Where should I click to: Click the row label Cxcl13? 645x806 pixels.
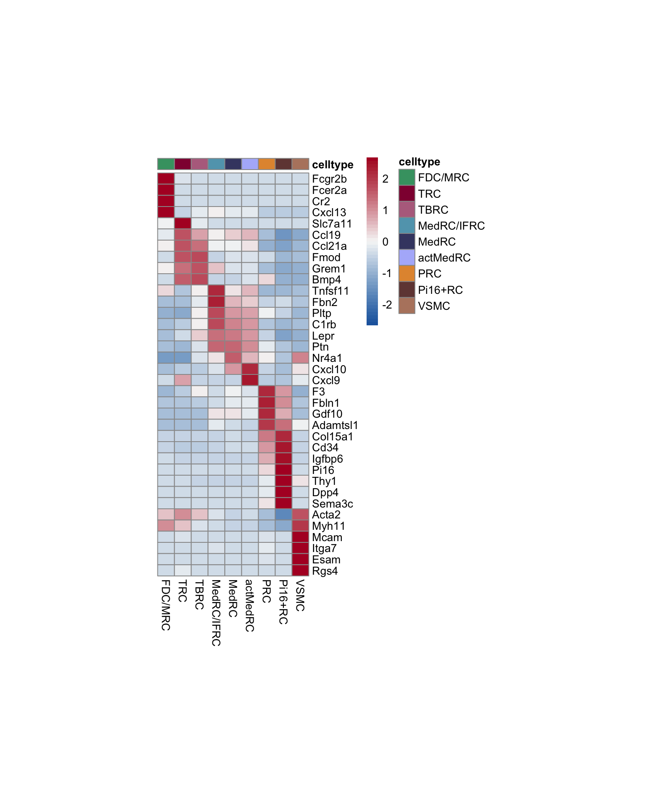(x=329, y=212)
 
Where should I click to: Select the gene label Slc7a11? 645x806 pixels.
(x=332, y=224)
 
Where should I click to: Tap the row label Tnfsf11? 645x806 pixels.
(x=330, y=291)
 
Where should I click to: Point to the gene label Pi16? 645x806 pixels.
(x=323, y=470)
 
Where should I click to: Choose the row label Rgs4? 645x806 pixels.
(x=325, y=571)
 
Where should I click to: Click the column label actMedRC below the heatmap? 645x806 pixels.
(x=249, y=605)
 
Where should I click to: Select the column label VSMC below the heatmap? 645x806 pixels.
(x=300, y=595)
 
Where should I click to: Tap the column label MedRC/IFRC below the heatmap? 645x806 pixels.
(x=216, y=612)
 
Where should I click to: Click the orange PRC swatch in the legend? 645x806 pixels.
(x=406, y=274)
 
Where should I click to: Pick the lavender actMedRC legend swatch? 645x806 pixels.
(x=406, y=258)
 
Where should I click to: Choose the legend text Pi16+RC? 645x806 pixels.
(x=440, y=290)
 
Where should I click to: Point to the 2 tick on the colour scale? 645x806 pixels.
(x=385, y=179)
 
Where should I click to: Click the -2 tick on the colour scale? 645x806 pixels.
(x=387, y=305)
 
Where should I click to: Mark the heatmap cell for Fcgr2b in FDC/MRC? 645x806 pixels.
(x=166, y=178)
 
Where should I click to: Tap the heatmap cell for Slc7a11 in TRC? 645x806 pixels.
(x=183, y=223)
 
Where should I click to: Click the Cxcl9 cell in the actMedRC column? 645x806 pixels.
(x=250, y=380)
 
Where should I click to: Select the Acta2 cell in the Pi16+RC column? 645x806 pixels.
(x=283, y=515)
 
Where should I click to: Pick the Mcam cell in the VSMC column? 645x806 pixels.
(x=300, y=537)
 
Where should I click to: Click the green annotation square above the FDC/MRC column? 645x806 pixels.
(x=166, y=164)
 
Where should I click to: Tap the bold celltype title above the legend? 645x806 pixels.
(x=419, y=162)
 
